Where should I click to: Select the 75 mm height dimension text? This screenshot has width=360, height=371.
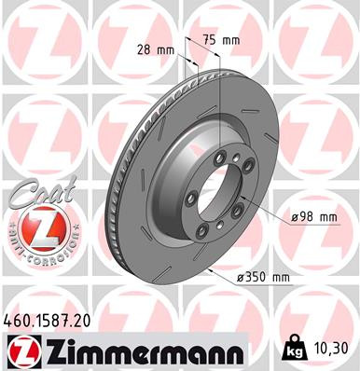point(222,41)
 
